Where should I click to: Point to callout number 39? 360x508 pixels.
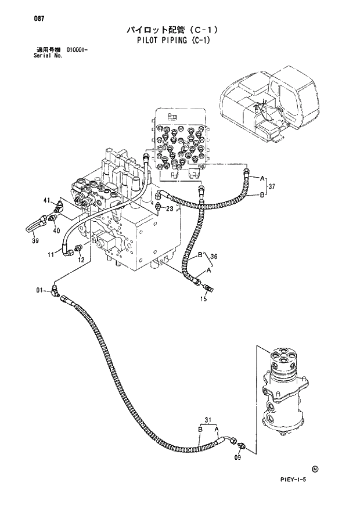point(35,241)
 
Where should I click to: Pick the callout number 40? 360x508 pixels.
point(57,230)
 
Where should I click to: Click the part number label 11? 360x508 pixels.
point(51,254)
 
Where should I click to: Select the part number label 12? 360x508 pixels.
point(82,260)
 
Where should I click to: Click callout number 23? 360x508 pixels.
point(170,208)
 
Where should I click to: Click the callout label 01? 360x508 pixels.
point(39,290)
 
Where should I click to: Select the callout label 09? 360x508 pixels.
point(237,458)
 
